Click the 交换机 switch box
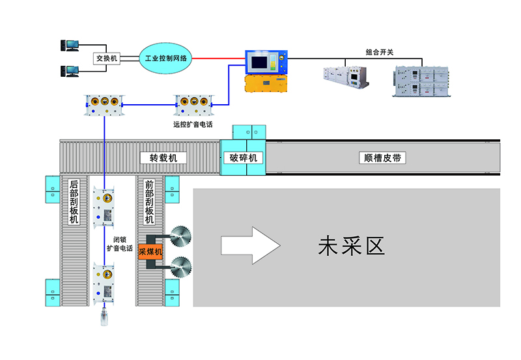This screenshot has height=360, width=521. (x=106, y=58)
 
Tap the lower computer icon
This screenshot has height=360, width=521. (x=69, y=70)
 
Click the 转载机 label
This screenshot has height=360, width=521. (x=163, y=158)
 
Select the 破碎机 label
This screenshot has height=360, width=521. (x=244, y=158)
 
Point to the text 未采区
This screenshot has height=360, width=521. (x=351, y=245)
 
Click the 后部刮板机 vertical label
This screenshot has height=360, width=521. (x=74, y=202)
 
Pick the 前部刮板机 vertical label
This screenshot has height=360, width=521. (x=149, y=202)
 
